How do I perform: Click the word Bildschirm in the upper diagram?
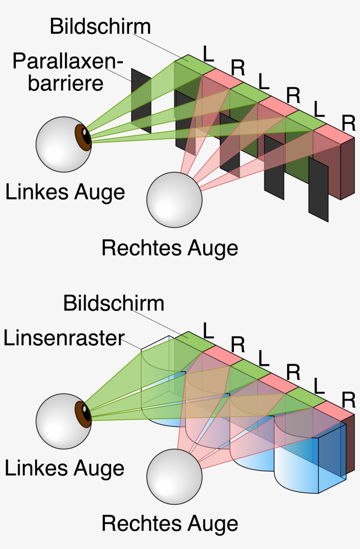coord(100,27)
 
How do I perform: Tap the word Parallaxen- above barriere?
coord(66,61)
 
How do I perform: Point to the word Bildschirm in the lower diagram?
coord(113,304)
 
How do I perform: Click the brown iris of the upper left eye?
coord(83,137)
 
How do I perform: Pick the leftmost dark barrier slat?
coord(141,101)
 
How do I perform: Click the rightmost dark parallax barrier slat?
coord(318,190)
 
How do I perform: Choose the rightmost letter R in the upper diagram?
coord(349,124)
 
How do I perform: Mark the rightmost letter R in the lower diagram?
coord(349,401)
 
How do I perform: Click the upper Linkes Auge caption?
coord(65,192)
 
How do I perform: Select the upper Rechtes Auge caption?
coord(170,249)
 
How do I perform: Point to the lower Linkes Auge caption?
coord(65,469)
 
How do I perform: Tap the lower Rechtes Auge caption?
coord(170,524)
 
